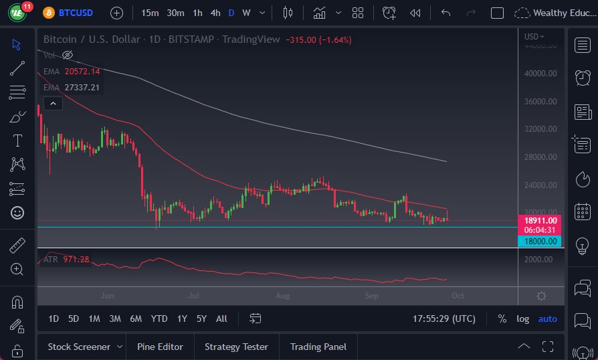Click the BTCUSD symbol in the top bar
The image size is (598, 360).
pos(76,13)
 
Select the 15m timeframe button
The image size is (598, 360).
pos(150,13)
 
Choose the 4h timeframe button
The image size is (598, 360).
pos(215,13)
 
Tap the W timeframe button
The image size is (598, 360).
pos(246,13)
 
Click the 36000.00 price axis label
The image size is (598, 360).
pos(540,102)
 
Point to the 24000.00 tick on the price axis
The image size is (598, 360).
pos(540,185)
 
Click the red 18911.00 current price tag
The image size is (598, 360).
pos(539,219)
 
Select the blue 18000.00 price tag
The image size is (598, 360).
pos(539,242)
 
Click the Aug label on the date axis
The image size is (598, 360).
pos(283,295)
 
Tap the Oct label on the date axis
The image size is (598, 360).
pos(458,295)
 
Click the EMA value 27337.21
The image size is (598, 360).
pos(82,87)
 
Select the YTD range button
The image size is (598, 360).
pos(159,319)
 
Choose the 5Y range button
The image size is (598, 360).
pos(202,319)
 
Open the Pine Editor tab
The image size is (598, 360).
pos(160,347)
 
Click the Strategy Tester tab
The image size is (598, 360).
pos(236,347)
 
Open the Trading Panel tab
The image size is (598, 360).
pos(318,347)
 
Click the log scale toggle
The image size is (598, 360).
pos(522,319)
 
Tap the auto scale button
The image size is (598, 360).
pos(547,319)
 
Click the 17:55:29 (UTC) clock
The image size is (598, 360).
pos(443,319)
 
